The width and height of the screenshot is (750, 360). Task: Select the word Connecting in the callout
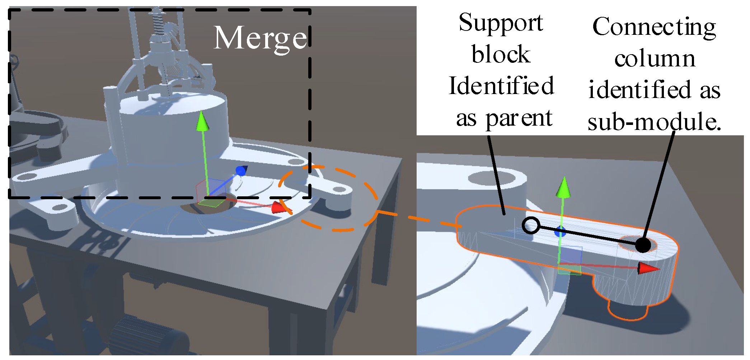click(x=654, y=27)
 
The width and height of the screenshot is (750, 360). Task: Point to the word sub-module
click(x=654, y=122)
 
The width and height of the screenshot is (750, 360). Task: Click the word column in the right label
click(x=655, y=59)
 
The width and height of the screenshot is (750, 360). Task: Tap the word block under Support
click(x=501, y=55)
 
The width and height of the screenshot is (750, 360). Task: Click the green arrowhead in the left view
click(x=202, y=121)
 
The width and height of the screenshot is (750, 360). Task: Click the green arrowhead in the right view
click(x=563, y=187)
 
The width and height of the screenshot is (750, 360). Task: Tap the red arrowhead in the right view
click(x=648, y=268)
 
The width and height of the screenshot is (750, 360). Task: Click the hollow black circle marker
click(x=531, y=226)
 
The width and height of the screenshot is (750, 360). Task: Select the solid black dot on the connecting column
click(x=643, y=245)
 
